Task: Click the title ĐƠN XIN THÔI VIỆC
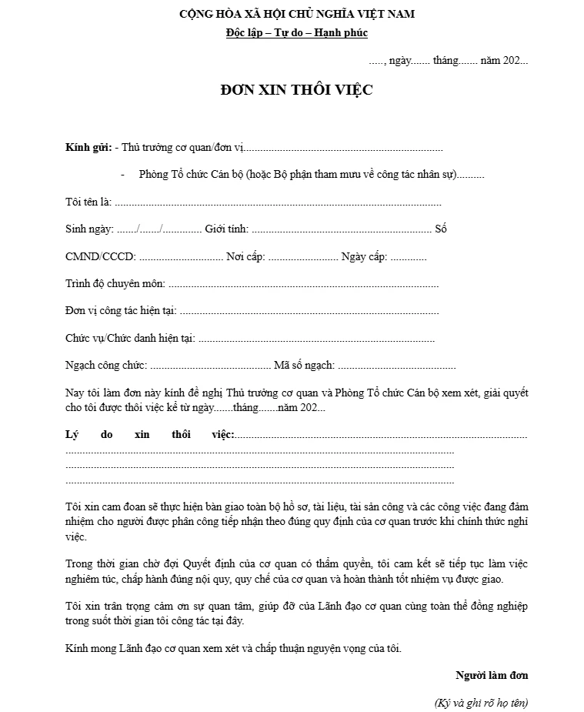click(x=296, y=90)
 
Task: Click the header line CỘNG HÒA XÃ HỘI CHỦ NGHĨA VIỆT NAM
click(x=297, y=14)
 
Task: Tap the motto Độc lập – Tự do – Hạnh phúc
click(x=297, y=33)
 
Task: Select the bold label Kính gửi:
click(x=88, y=147)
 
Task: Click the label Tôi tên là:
click(x=88, y=202)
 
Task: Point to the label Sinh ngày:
click(x=90, y=229)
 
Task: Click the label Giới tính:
click(x=226, y=229)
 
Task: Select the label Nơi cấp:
click(x=245, y=256)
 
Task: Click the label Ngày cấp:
click(x=364, y=256)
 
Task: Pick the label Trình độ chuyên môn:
click(x=115, y=283)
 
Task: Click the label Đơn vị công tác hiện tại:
click(x=121, y=310)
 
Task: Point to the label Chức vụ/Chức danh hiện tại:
click(x=130, y=338)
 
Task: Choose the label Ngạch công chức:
click(x=106, y=365)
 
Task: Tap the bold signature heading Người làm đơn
click(x=492, y=675)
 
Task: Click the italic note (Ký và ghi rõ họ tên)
click(x=481, y=702)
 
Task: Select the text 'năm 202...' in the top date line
click(x=504, y=60)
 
